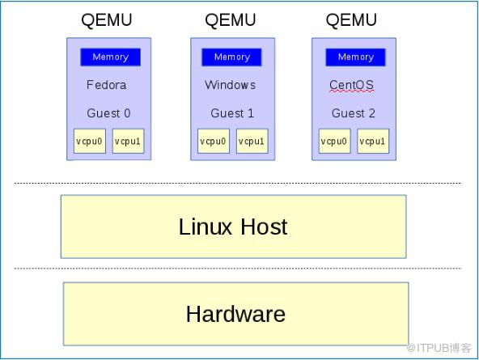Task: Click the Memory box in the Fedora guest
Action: pyautogui.click(x=110, y=57)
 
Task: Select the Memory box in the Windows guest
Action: pyautogui.click(x=231, y=57)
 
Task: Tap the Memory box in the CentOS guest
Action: pyautogui.click(x=355, y=57)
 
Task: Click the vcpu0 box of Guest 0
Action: pyautogui.click(x=90, y=141)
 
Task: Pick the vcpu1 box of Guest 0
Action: pyautogui.click(x=129, y=141)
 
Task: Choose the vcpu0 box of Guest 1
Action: pyautogui.click(x=214, y=141)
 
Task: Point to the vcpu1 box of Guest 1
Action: pyautogui.click(x=252, y=141)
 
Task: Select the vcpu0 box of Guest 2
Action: pyautogui.click(x=334, y=141)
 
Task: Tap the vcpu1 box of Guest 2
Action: pyautogui.click(x=373, y=141)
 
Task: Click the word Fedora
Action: pyautogui.click(x=106, y=85)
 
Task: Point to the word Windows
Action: pyautogui.click(x=230, y=85)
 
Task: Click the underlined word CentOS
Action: pyautogui.click(x=351, y=85)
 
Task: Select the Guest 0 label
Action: pyautogui.click(x=108, y=113)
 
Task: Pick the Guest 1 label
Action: pyautogui.click(x=232, y=113)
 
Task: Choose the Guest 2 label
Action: pyautogui.click(x=353, y=113)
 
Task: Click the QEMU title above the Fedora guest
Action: pyautogui.click(x=107, y=20)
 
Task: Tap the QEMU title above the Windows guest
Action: pyautogui.click(x=231, y=20)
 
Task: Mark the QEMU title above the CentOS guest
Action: pyautogui.click(x=351, y=20)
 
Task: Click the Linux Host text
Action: pyautogui.click(x=233, y=227)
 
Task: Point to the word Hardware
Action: pyautogui.click(x=235, y=314)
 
